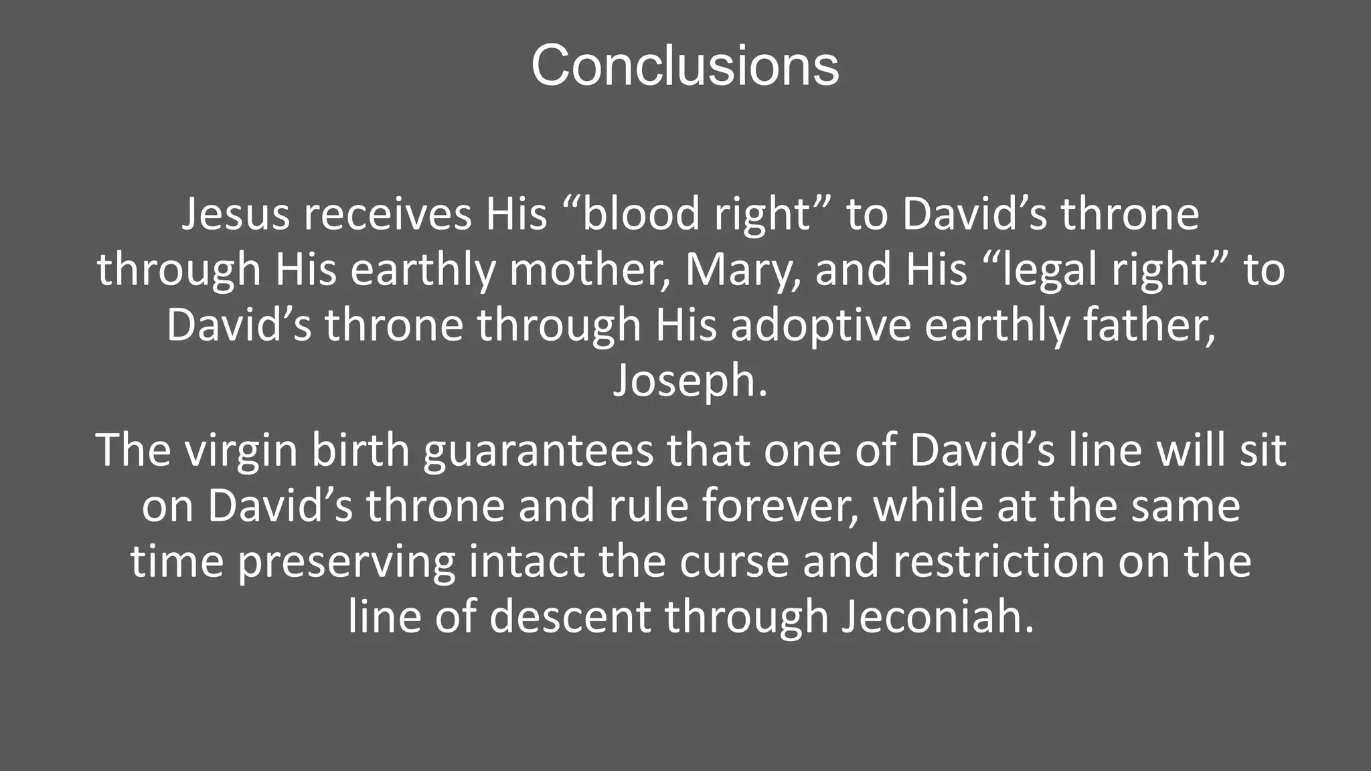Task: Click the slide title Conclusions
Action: [685, 66]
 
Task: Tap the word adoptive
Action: [821, 326]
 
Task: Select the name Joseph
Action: [690, 381]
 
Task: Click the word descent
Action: [570, 616]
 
